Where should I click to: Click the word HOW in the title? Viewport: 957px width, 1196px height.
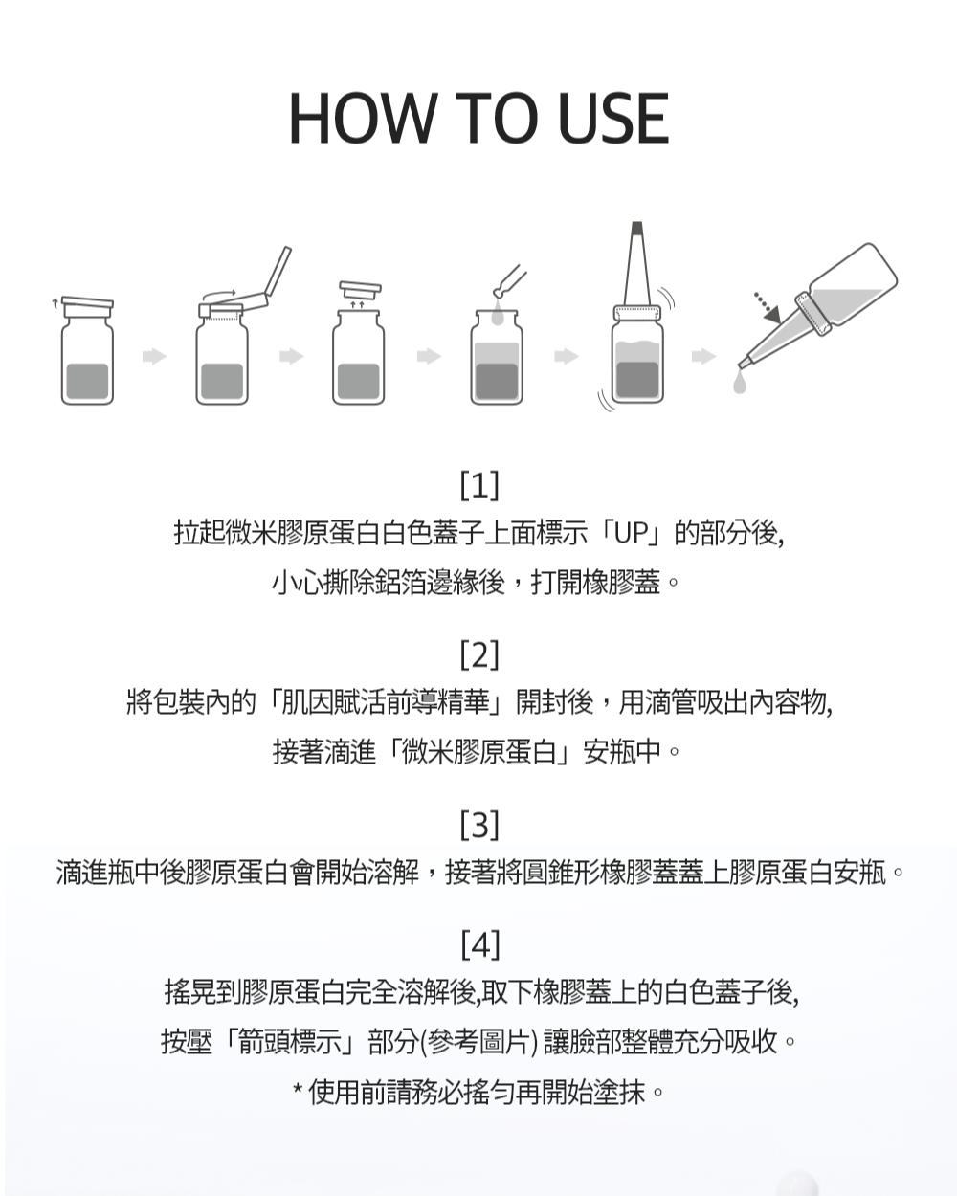[362, 118]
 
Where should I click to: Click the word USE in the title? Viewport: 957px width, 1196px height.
[612, 118]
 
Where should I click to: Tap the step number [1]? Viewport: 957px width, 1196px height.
[479, 485]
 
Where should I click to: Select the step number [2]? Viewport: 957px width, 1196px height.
[479, 654]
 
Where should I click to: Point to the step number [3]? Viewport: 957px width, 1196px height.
[479, 825]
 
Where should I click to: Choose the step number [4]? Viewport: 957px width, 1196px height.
[479, 944]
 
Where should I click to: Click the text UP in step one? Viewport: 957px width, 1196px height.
[633, 532]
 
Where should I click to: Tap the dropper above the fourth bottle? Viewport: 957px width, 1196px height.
[509, 281]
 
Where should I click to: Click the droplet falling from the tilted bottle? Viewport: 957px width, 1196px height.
[739, 382]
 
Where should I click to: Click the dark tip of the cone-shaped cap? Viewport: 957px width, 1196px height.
[636, 227]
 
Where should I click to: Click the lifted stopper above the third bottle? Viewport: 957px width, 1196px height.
[361, 290]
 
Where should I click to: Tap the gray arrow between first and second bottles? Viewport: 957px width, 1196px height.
[155, 356]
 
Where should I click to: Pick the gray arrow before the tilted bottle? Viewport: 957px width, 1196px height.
[703, 356]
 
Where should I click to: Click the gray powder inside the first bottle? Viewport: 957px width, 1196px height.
[87, 381]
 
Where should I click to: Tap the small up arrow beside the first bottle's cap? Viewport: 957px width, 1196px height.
[55, 303]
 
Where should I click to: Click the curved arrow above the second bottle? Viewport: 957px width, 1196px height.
[219, 295]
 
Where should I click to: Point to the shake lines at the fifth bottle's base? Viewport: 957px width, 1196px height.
[606, 401]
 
